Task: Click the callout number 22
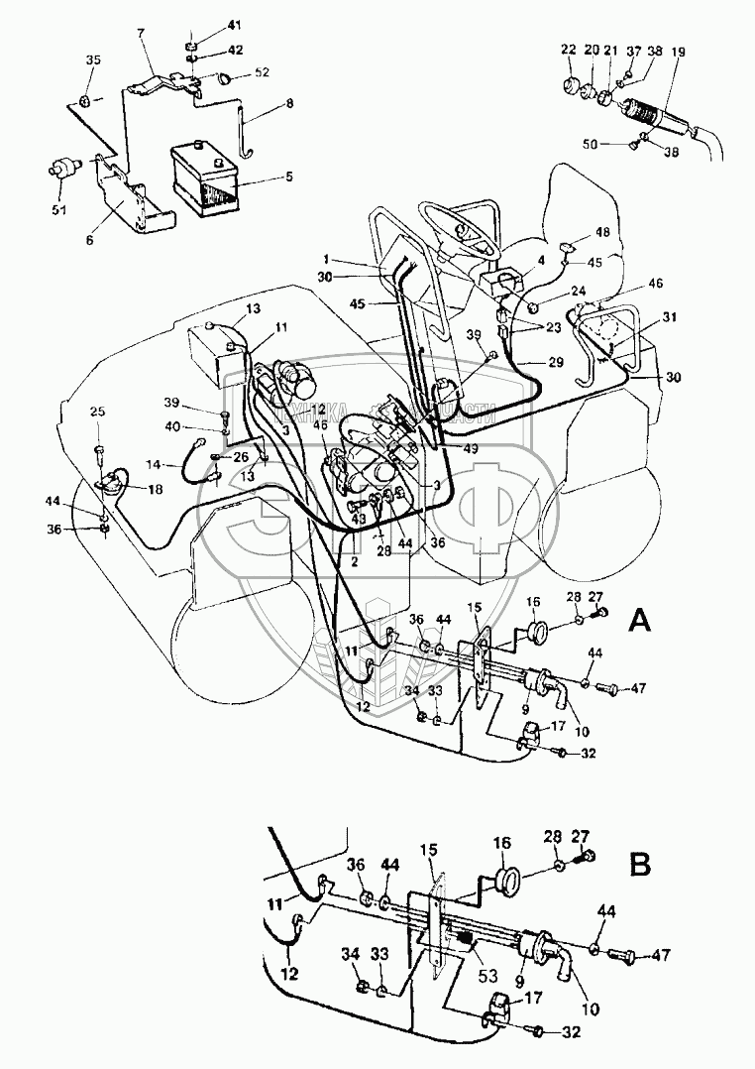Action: [568, 51]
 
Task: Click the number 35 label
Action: [92, 60]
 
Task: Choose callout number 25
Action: [97, 412]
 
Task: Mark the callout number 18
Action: [155, 490]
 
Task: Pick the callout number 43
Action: [359, 518]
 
